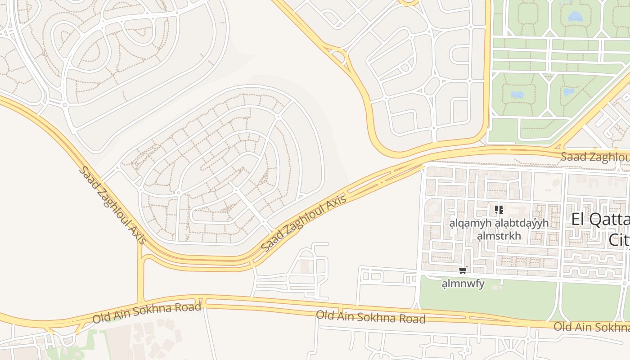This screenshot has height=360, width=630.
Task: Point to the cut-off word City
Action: click(x=619, y=240)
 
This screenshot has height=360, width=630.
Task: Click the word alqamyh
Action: click(x=471, y=223)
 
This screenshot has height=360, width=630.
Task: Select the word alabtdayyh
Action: click(x=522, y=223)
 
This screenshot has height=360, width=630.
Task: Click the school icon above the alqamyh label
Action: click(x=499, y=210)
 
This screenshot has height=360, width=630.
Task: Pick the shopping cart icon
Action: click(x=463, y=270)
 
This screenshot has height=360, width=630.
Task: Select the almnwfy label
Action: click(x=463, y=283)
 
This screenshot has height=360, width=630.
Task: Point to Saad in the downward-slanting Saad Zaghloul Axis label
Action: click(x=87, y=175)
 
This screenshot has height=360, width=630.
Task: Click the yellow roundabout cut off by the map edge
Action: click(x=408, y=2)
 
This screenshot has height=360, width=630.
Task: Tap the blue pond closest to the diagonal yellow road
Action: click(x=569, y=92)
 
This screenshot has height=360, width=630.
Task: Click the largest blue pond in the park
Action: click(x=575, y=17)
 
